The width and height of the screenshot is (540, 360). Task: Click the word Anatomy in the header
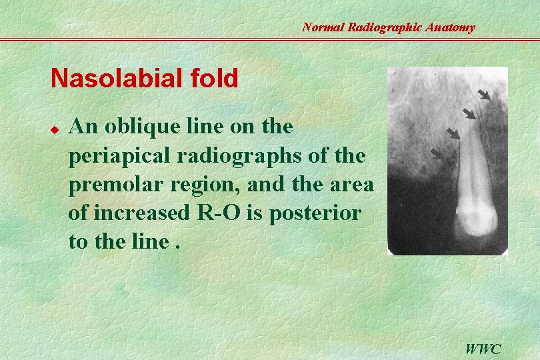click(451, 27)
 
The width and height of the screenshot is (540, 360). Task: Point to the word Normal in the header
click(324, 27)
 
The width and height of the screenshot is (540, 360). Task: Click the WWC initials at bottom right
click(483, 348)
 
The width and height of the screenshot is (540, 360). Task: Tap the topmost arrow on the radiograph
click(484, 94)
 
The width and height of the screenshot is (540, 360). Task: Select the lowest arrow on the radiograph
click(437, 154)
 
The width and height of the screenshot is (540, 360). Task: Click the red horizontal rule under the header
click(270, 39)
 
